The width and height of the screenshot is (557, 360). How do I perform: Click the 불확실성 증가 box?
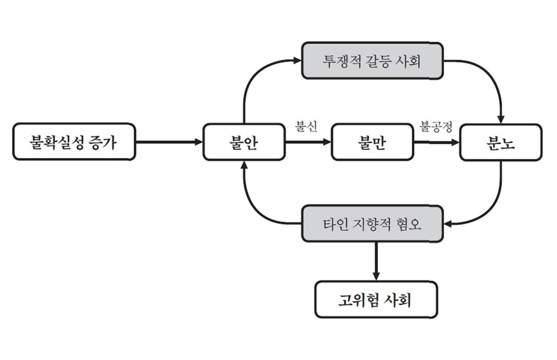(x=74, y=141)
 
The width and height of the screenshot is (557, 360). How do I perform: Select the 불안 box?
(x=244, y=142)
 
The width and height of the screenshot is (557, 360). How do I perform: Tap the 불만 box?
(x=372, y=142)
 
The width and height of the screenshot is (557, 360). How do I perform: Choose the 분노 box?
(x=501, y=142)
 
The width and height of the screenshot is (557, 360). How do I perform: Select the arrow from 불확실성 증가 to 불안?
(x=169, y=142)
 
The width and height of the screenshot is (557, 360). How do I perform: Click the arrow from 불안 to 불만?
(x=308, y=142)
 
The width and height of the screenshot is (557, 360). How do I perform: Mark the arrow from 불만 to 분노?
(x=436, y=142)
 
